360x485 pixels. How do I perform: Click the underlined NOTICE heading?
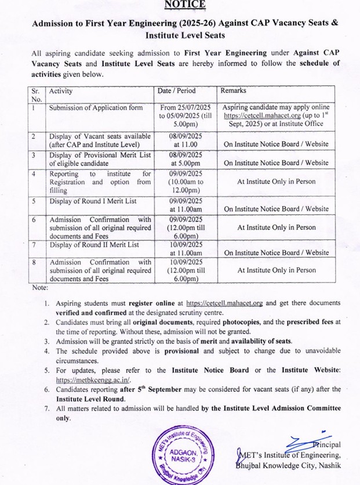coord(184,5)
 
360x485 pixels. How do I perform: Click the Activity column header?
coord(61,91)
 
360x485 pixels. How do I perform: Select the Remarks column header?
coord(233,91)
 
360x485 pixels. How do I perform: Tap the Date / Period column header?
coord(177,91)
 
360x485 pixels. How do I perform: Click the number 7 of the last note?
coord(46,408)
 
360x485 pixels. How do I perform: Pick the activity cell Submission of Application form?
coord(95,107)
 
